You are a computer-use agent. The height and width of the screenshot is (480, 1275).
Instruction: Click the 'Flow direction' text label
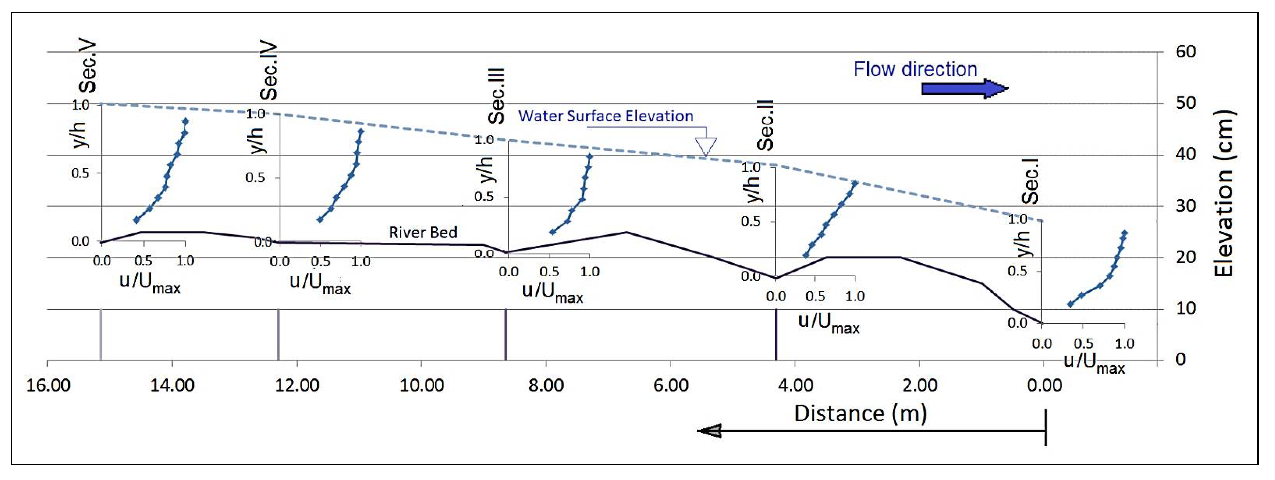(x=915, y=69)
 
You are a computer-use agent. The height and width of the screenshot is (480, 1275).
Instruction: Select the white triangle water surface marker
(x=705, y=146)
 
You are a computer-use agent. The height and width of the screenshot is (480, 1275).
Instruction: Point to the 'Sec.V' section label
(x=88, y=67)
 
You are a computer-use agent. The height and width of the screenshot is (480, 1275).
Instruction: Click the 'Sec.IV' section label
(x=269, y=71)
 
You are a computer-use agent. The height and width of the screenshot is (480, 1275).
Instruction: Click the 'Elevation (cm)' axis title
(x=1223, y=193)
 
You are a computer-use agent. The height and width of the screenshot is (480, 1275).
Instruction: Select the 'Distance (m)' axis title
(x=860, y=414)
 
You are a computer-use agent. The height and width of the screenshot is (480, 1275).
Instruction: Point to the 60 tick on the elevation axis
(x=1186, y=52)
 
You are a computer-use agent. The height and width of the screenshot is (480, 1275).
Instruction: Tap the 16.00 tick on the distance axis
(x=48, y=385)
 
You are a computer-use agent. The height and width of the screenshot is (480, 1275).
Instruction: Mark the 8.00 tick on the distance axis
(x=546, y=385)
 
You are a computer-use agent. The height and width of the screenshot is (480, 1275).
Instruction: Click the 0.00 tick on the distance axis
(x=1044, y=385)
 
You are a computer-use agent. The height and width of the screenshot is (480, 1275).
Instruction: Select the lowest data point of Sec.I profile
(x=1070, y=304)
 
